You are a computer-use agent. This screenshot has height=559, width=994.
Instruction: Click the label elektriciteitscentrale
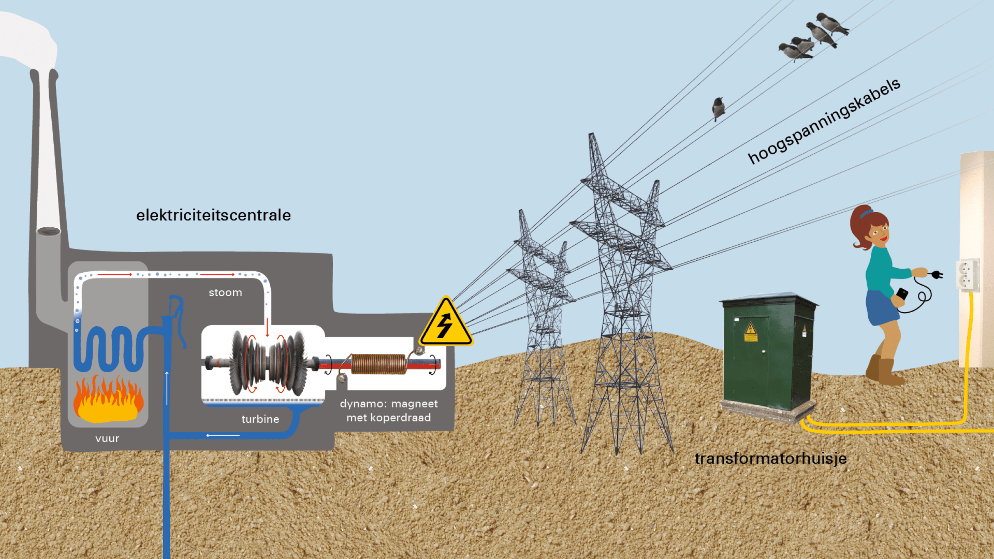pyautogui.click(x=213, y=215)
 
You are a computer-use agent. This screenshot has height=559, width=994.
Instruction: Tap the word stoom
pyautogui.click(x=225, y=292)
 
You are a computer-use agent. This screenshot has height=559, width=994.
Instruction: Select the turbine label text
pyautogui.click(x=260, y=419)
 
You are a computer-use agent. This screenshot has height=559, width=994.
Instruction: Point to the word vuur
pyautogui.click(x=107, y=438)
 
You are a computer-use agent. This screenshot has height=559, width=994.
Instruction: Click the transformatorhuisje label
pyautogui.click(x=770, y=459)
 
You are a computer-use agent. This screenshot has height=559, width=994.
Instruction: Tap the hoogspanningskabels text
pyautogui.click(x=824, y=122)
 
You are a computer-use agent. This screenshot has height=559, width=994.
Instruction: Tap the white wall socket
pyautogui.click(x=967, y=275)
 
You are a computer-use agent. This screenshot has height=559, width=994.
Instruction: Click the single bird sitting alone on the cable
pyautogui.click(x=718, y=108)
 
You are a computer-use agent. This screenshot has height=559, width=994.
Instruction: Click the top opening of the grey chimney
pyautogui.click(x=49, y=231)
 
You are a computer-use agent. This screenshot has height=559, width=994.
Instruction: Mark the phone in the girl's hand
pyautogui.click(x=902, y=295)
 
